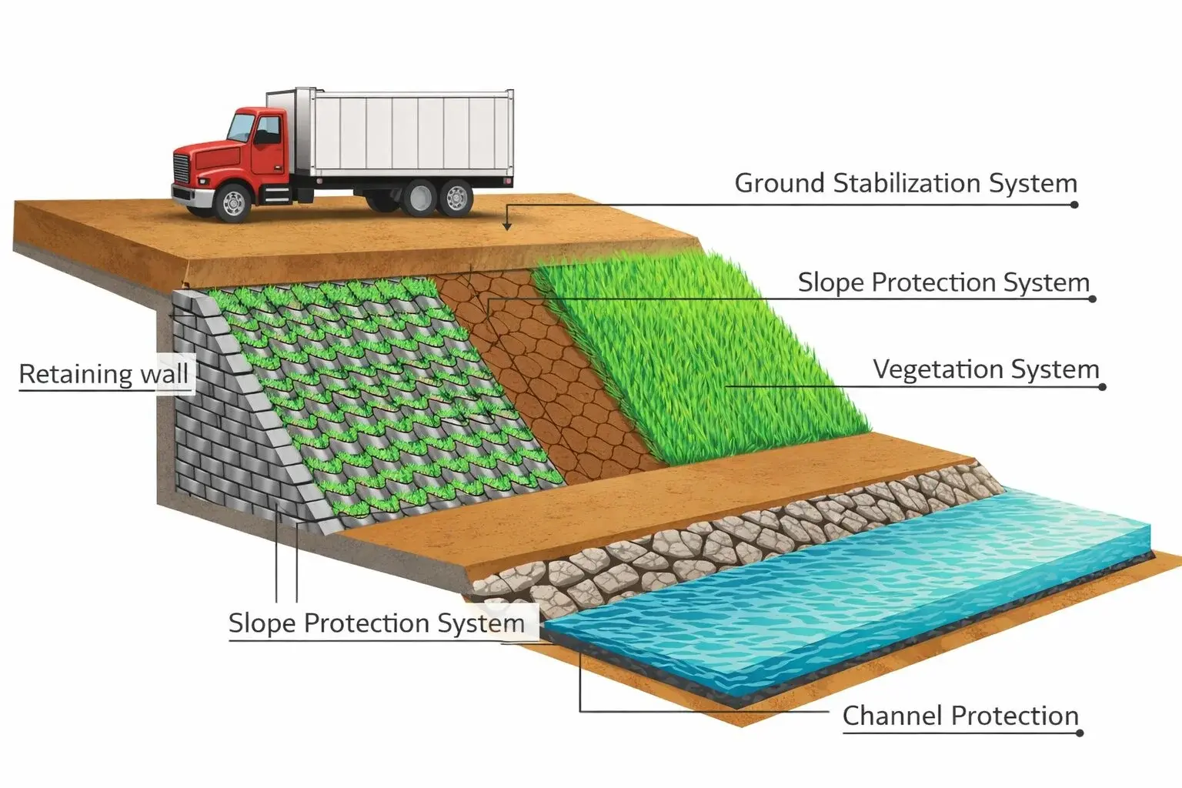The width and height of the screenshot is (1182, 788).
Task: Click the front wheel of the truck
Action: pyautogui.click(x=232, y=202)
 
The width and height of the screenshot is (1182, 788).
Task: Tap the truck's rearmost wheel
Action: pyautogui.click(x=456, y=198)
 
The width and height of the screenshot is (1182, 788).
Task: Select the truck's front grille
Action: pyautogui.click(x=181, y=169)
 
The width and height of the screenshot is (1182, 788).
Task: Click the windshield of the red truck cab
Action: pyautogui.click(x=242, y=128)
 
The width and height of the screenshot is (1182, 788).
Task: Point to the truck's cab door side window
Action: pyautogui.click(x=268, y=130)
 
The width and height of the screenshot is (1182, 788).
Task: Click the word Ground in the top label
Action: pyautogui.click(x=780, y=184)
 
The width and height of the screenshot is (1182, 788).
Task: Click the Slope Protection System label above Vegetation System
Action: pyautogui.click(x=943, y=282)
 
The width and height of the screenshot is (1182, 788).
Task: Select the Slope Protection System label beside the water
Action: pyautogui.click(x=376, y=623)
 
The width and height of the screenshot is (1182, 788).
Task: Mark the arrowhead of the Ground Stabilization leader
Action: pyautogui.click(x=507, y=226)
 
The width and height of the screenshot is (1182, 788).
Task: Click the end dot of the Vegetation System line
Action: pyautogui.click(x=1102, y=387)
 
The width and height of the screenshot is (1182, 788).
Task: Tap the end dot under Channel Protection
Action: pyautogui.click(x=1080, y=733)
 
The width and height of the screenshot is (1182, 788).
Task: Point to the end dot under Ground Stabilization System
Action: pyautogui.click(x=1074, y=205)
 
